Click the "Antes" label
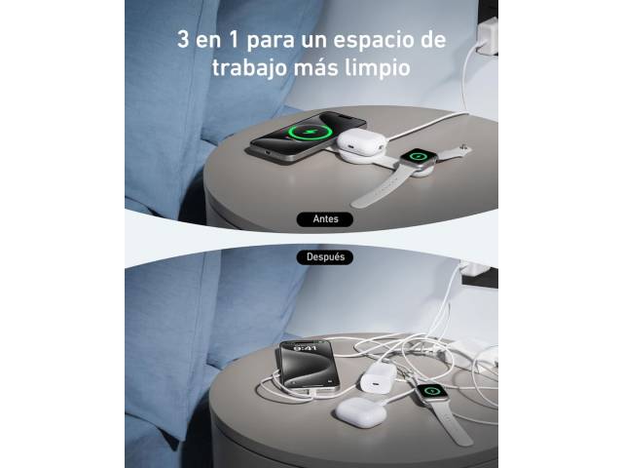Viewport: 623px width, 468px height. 325,219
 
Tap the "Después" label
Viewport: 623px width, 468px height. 325,257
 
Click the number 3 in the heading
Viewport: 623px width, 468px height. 183,40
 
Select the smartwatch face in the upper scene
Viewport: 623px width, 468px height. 418,156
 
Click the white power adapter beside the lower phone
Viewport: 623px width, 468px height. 379,377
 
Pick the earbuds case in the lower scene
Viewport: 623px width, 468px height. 361,410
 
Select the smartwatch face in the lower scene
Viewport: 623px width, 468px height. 432,391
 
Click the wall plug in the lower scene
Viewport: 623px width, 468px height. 473,269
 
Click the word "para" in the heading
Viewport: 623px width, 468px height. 271,41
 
